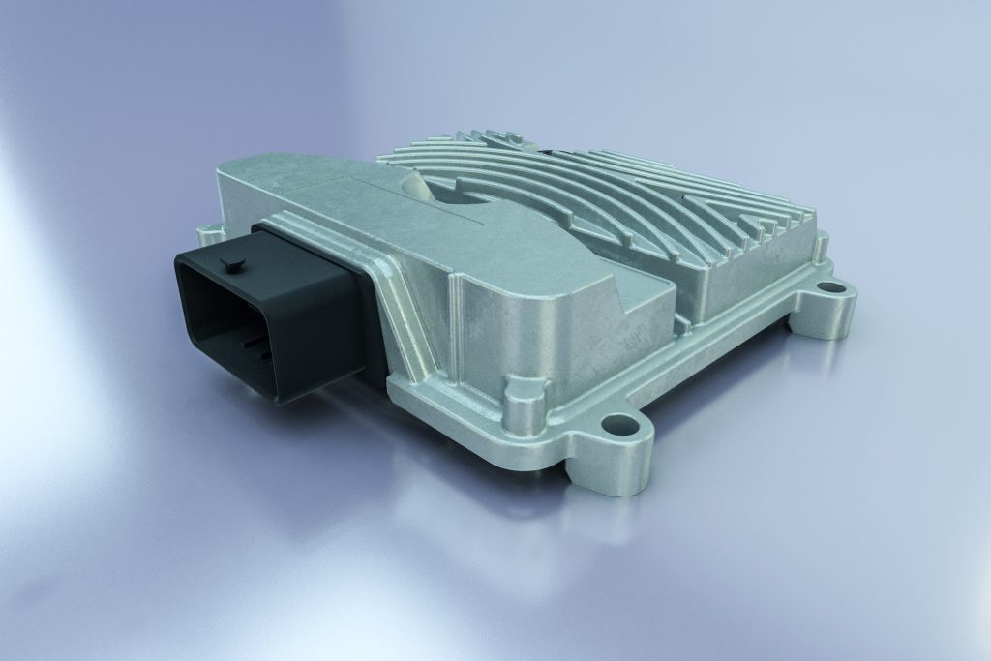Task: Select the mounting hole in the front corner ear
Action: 615,424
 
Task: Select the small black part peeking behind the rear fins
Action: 549,151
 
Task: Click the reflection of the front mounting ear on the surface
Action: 600,523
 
